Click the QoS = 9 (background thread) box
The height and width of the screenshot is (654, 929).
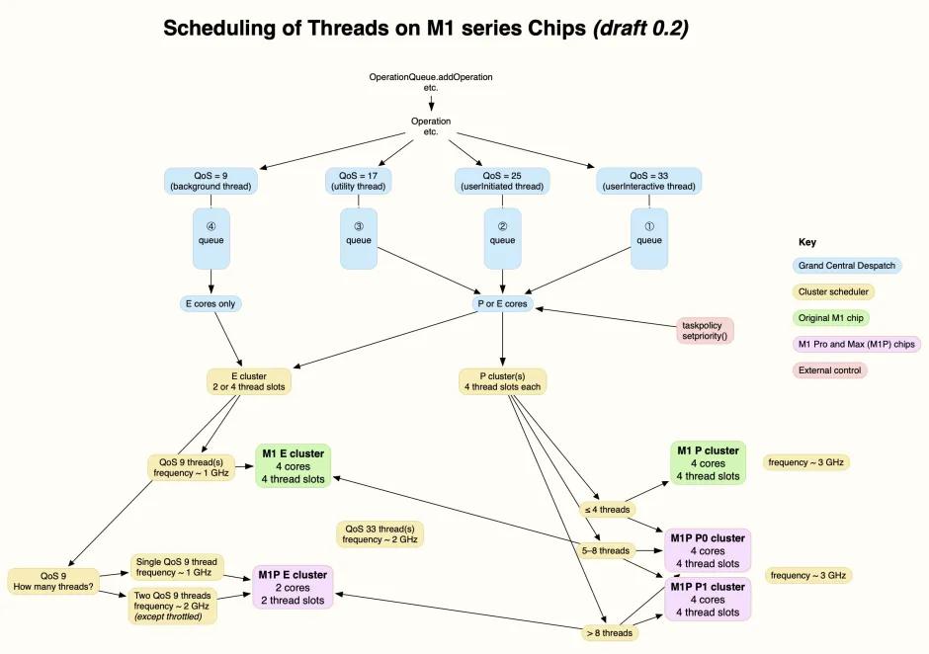click(211, 181)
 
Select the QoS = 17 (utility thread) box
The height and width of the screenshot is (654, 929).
click(358, 181)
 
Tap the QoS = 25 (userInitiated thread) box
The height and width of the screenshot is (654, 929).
click(502, 181)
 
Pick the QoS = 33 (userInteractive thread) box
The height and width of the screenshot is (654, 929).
click(649, 181)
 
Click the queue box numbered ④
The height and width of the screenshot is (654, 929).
click(211, 237)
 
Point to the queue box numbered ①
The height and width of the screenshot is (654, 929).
click(649, 237)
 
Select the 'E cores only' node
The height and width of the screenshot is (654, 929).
click(211, 303)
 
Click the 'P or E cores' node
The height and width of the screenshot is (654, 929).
click(502, 303)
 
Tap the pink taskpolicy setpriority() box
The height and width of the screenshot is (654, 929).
click(705, 330)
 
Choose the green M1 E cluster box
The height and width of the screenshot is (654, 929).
click(293, 465)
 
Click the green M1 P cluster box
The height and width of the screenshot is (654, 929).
click(708, 463)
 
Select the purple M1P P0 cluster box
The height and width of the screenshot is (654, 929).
click(708, 550)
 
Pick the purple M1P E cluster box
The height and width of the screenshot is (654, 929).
click(293, 587)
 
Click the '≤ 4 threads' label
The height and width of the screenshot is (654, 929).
click(607, 510)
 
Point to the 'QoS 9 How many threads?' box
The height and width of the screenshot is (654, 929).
click(53, 581)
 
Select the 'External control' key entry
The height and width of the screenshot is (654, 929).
click(829, 370)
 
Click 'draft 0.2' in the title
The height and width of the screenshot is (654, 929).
click(639, 29)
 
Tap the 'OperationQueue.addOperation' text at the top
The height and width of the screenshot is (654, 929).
click(430, 77)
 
